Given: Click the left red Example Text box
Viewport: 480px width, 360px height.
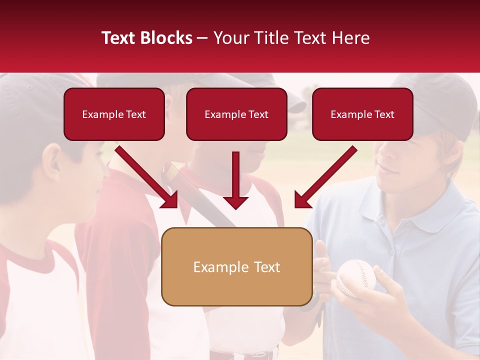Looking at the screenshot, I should click(114, 114).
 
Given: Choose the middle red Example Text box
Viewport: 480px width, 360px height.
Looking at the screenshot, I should click(236, 114).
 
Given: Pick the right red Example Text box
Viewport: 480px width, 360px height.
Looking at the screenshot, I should click(362, 114).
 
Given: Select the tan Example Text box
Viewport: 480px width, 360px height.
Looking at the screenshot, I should click(236, 267).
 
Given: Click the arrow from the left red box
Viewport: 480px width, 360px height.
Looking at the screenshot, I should click(148, 177).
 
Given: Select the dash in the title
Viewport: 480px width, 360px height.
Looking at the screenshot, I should click(202, 38).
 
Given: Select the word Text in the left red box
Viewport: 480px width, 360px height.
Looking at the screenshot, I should click(136, 114).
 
